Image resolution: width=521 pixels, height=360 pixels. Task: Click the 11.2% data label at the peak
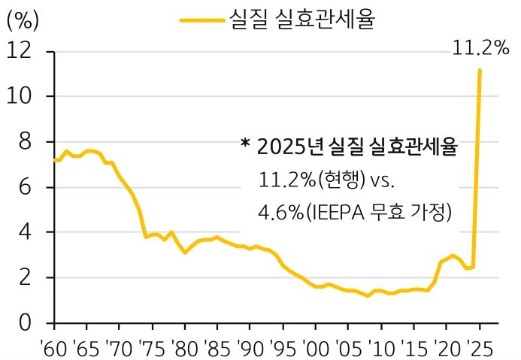click(481, 49)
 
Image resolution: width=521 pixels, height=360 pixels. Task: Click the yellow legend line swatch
click(202, 20)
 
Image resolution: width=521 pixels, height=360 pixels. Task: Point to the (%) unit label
click(23, 20)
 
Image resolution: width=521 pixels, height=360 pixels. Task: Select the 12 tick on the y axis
click(22, 52)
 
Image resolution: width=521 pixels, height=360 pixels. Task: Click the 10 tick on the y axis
click(22, 97)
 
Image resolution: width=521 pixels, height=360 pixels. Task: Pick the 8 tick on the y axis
click(27, 142)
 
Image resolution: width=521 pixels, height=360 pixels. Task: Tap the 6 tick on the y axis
click(27, 187)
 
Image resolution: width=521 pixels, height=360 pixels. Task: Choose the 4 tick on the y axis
click(27, 232)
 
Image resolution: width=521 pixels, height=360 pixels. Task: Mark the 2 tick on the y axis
click(27, 277)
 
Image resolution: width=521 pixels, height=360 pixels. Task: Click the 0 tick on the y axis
click(27, 323)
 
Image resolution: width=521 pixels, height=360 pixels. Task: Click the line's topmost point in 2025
click(480, 71)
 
